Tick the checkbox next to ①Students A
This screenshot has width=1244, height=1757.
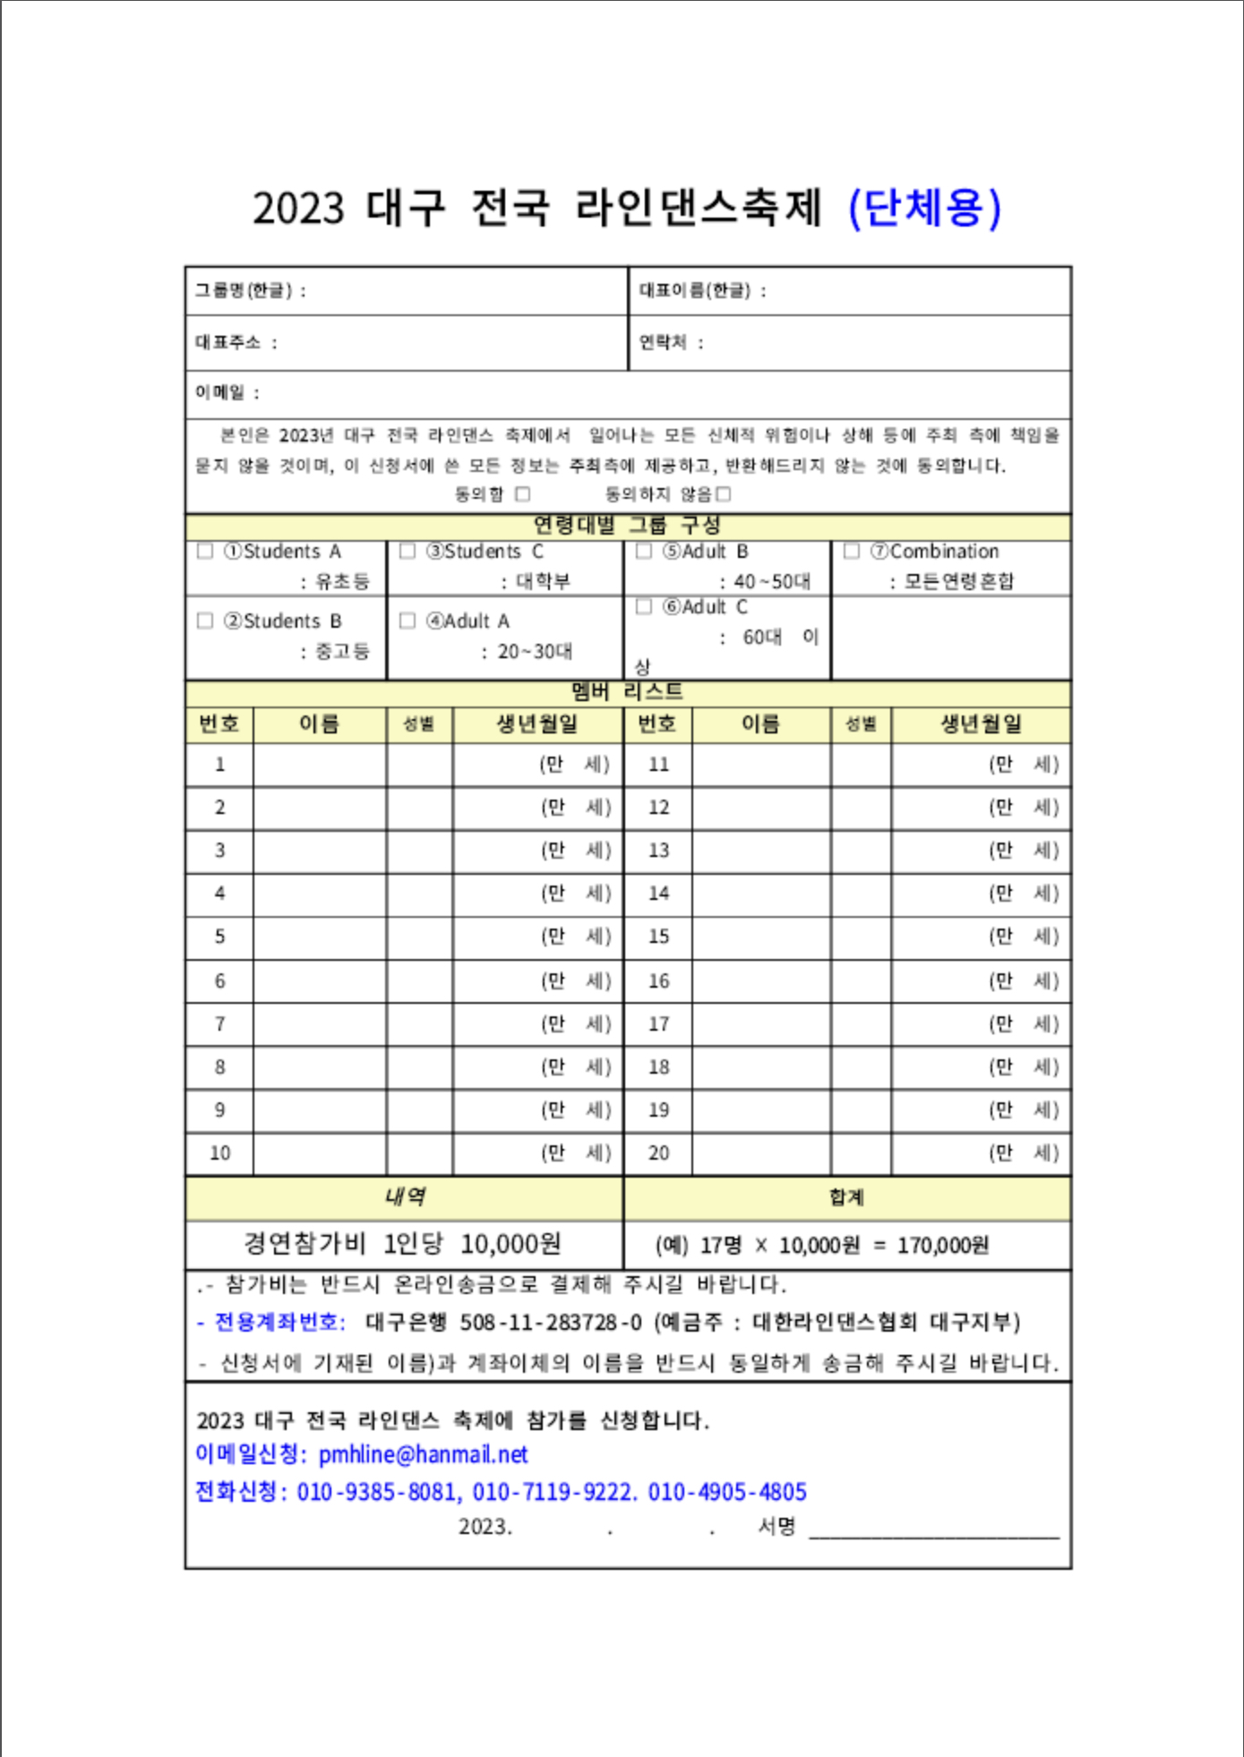coord(205,551)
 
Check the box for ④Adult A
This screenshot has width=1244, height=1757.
coord(408,621)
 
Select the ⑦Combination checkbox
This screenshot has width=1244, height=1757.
coord(852,551)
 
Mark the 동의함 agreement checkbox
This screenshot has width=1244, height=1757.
coord(523,493)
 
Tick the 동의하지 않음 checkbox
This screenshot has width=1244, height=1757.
coord(724,493)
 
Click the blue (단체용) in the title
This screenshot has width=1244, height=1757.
coord(924,209)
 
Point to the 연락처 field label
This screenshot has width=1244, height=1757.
coord(664,342)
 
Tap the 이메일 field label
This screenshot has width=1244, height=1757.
coord(220,392)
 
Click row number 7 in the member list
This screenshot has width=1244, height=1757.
coord(220,1024)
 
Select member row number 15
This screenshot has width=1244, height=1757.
coord(658,937)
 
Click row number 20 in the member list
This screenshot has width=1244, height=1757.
coord(658,1153)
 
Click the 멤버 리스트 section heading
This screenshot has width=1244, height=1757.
coord(627,691)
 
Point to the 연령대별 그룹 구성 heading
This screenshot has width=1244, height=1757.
coord(627,525)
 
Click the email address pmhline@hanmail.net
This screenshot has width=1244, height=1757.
coord(424,1454)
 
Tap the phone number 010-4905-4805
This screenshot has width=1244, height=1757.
coord(727,1492)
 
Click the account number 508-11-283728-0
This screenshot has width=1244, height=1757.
coord(551,1323)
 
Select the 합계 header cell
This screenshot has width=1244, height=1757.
coord(846,1197)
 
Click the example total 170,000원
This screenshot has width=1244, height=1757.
coord(943,1246)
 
